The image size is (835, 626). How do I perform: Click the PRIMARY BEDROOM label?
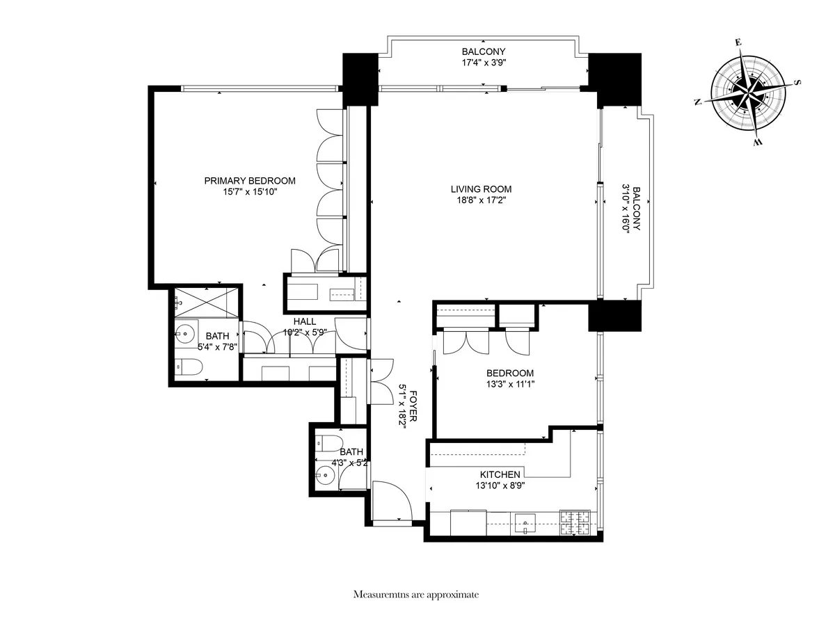[x=249, y=181]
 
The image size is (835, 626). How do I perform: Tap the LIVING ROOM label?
[x=481, y=189]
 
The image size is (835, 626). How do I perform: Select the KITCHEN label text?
[x=500, y=474]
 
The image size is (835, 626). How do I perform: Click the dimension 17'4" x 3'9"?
[x=483, y=63]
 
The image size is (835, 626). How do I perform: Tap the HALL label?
[x=304, y=321]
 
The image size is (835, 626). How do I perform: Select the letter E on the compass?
[x=738, y=43]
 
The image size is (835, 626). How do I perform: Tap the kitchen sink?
[x=523, y=523]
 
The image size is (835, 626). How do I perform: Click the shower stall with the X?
[x=207, y=302]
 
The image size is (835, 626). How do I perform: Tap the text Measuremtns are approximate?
[x=416, y=595]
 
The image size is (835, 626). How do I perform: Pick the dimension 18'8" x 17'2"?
[x=481, y=201]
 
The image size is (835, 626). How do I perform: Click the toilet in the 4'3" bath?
[x=327, y=442]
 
